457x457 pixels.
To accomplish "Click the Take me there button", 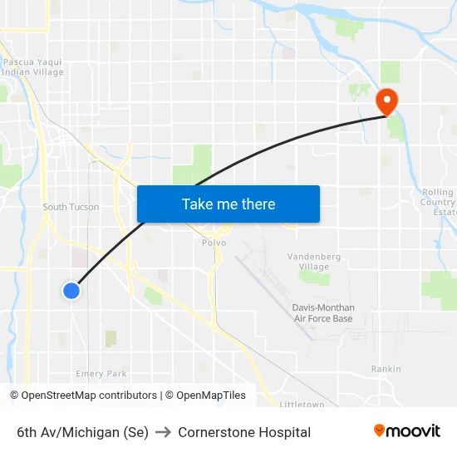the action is click(x=228, y=204).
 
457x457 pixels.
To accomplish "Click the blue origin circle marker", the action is click(x=71, y=290).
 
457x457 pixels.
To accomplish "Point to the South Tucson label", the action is click(x=71, y=207).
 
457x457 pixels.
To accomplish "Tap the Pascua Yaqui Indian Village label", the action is click(x=33, y=66).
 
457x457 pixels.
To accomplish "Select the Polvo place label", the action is click(x=214, y=243).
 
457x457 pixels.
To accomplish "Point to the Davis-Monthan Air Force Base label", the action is click(x=323, y=313).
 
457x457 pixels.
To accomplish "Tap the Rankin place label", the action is click(x=386, y=369).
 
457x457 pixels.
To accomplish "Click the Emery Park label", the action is click(x=101, y=374).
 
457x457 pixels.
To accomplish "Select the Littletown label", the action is click(x=302, y=405).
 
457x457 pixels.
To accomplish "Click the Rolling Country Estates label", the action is click(x=438, y=202).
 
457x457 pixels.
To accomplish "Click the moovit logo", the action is click(x=406, y=430).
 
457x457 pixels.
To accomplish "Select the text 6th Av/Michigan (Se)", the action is click(x=82, y=432).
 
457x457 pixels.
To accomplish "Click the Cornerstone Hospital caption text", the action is click(x=244, y=432).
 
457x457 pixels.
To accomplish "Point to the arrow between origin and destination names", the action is click(x=163, y=432).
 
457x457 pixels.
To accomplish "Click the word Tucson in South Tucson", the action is click(x=83, y=207).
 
